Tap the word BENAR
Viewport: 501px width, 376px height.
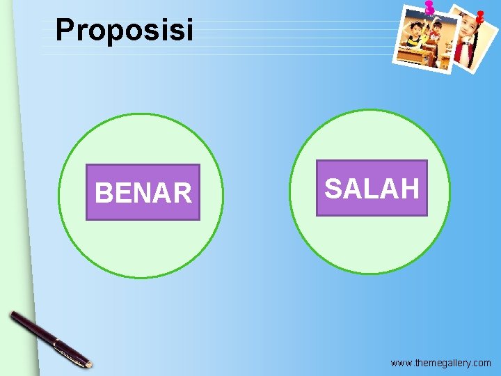(x=143, y=193)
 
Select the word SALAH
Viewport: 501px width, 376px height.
(x=372, y=188)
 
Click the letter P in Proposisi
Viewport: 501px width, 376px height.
(x=65, y=30)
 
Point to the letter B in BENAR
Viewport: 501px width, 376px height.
(x=103, y=193)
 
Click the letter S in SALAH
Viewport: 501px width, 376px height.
(x=334, y=188)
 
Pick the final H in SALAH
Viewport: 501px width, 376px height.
(x=410, y=188)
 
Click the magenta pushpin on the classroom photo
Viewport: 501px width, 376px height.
(x=429, y=8)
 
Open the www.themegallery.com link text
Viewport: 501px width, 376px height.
(x=440, y=363)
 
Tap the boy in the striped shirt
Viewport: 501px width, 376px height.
(x=415, y=35)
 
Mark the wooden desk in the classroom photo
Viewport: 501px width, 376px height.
(x=412, y=54)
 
